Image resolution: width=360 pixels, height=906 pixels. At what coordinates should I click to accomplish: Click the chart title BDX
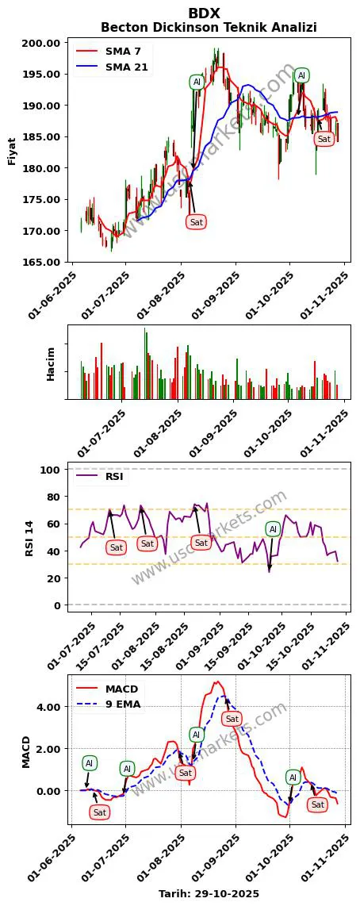click(x=204, y=13)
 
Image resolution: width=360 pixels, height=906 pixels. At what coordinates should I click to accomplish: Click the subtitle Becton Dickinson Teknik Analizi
click(x=208, y=28)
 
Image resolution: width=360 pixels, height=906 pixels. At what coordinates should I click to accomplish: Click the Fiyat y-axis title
click(x=12, y=152)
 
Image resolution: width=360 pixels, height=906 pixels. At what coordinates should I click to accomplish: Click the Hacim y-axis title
click(x=51, y=363)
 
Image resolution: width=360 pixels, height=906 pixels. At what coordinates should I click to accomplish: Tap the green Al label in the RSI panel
click(x=273, y=529)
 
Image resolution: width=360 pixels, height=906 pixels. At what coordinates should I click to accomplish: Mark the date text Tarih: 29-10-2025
click(x=209, y=893)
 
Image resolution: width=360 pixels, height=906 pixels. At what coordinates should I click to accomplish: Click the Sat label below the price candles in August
click(x=196, y=221)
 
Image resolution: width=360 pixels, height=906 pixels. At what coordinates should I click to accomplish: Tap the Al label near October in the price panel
click(x=301, y=75)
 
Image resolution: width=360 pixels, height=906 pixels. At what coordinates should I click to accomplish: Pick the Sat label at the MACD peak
click(x=232, y=719)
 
